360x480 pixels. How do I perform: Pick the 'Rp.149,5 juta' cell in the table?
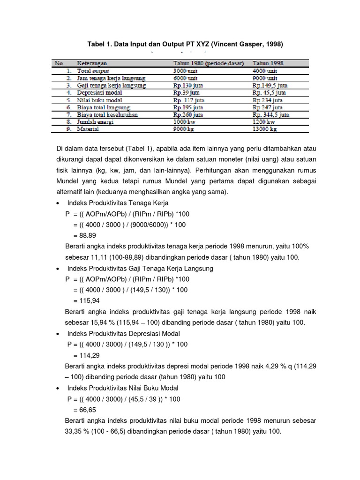(270, 86)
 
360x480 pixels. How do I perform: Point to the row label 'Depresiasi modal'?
(100, 93)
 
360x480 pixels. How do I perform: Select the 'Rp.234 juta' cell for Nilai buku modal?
(268, 100)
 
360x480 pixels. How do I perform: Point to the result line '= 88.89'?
(84, 235)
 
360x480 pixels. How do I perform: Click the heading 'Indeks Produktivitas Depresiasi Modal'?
(124, 333)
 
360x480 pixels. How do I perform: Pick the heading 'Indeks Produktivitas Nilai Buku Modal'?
(123, 388)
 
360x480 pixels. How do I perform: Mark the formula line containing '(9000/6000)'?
(129, 225)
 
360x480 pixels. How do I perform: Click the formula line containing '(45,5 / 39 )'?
(124, 399)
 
